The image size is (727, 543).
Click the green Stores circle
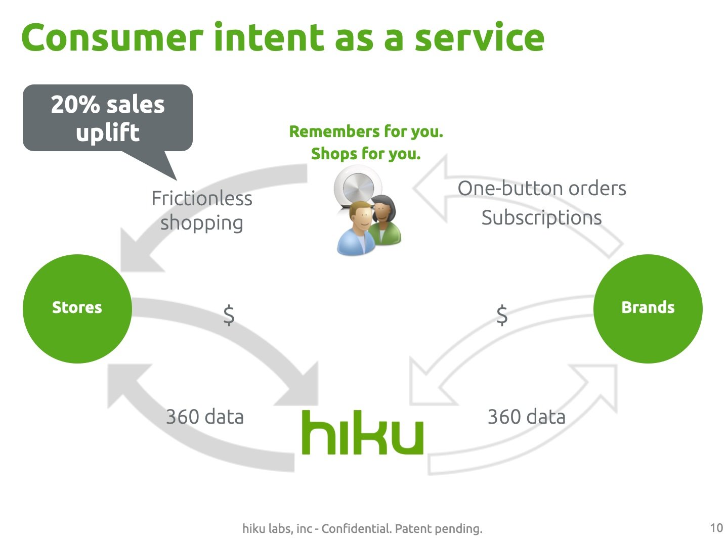[77, 308]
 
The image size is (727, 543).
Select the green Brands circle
[648, 308]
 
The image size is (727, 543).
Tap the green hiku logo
[362, 433]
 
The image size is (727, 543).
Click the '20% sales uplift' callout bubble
[108, 118]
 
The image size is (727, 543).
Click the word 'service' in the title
[479, 38]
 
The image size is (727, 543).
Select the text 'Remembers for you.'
[366, 132]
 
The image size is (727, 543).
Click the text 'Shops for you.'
[366, 154]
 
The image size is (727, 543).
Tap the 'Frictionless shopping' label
[202, 210]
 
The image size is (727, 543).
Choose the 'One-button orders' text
[542, 189]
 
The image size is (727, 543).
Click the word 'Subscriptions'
[541, 218]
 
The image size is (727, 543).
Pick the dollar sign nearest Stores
[229, 315]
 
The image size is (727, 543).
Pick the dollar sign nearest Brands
[502, 315]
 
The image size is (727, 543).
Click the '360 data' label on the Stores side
[205, 417]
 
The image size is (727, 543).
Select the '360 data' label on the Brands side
[526, 417]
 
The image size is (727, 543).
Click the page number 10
[716, 528]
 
